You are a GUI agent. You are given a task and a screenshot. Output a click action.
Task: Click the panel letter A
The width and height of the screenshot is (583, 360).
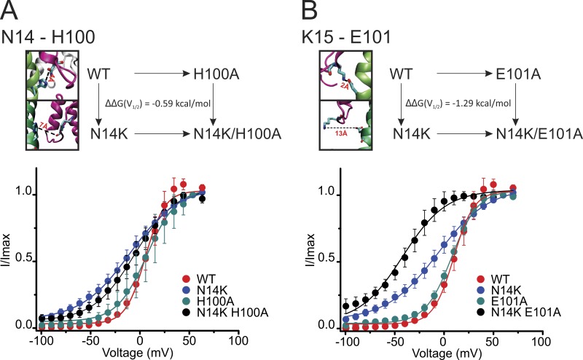12,10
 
